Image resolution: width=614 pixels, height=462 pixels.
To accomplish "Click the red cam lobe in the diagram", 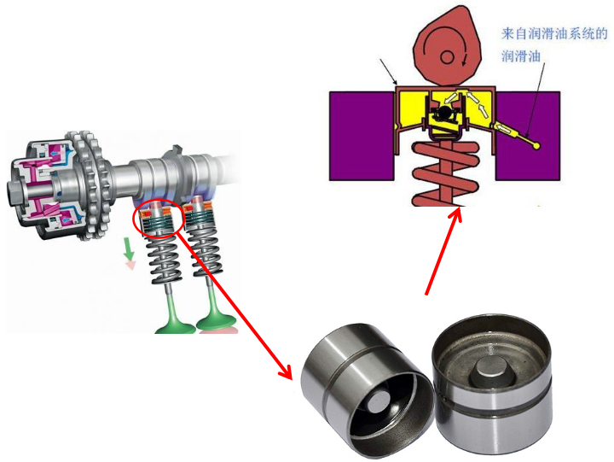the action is pyautogui.click(x=447, y=47).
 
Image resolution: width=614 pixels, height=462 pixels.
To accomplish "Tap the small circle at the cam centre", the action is pyautogui.click(x=447, y=57).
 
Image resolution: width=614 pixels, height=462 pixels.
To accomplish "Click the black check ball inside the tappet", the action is pyautogui.click(x=444, y=112).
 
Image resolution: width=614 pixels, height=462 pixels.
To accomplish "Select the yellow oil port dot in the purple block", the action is pyautogui.click(x=536, y=146).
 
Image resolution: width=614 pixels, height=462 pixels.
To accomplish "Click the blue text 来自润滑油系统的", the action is pyautogui.click(x=554, y=33).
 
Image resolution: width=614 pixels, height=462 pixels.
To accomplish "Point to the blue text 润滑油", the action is pyautogui.click(x=521, y=56).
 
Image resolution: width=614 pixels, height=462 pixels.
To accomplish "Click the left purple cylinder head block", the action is pyautogui.click(x=362, y=136).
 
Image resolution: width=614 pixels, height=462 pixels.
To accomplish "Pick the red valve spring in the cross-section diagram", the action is pyautogui.click(x=446, y=174).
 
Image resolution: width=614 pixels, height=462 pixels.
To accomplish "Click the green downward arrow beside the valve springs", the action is pyautogui.click(x=129, y=249).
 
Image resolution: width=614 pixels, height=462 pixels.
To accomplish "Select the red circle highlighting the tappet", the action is pyautogui.click(x=158, y=218).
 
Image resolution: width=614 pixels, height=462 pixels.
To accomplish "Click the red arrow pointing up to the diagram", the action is pyautogui.click(x=443, y=251).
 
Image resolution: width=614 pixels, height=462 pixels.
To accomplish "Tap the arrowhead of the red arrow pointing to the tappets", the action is pyautogui.click(x=287, y=372).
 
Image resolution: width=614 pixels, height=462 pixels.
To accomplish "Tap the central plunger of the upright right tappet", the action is pyautogui.click(x=492, y=375).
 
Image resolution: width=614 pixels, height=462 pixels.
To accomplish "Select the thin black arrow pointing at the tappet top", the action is pyautogui.click(x=389, y=72).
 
